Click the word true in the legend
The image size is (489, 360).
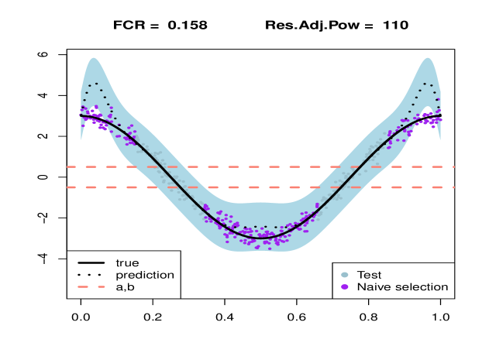(127, 262)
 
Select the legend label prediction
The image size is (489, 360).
(145, 275)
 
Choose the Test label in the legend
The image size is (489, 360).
(369, 275)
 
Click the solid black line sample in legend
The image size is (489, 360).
(91, 262)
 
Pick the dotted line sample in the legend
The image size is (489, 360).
(91, 275)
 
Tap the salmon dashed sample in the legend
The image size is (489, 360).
(91, 287)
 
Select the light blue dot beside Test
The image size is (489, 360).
(345, 275)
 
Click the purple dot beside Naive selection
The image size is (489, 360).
(345, 287)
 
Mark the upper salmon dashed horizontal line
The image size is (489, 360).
(260, 166)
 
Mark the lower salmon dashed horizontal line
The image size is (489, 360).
(260, 187)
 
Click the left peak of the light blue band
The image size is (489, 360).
(94, 58)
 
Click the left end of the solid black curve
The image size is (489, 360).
(81, 115)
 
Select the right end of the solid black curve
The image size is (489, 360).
(441, 118)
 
